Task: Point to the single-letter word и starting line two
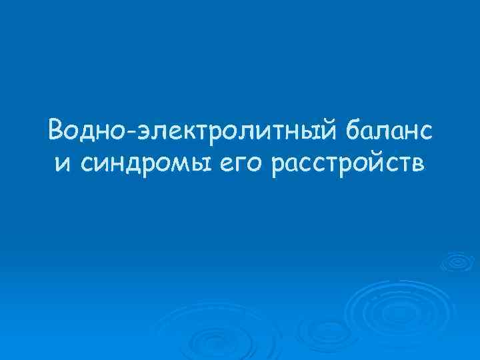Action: point(61,164)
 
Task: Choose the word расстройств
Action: point(347,164)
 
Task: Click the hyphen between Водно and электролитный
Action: point(133,132)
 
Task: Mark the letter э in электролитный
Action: point(146,131)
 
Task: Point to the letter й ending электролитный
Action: point(335,129)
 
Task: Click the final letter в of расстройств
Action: point(416,164)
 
